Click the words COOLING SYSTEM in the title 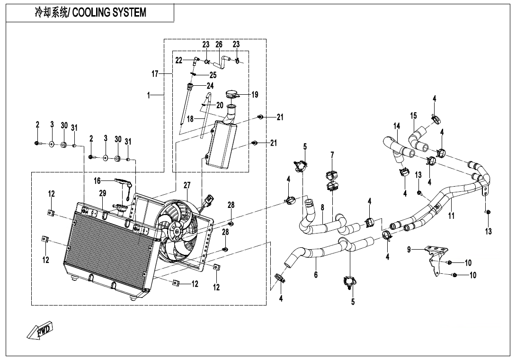click(109, 12)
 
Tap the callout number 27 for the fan click(187, 185)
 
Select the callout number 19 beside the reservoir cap click(255, 95)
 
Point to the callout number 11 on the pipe click(451, 216)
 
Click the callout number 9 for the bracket click(409, 250)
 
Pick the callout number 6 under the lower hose click(316, 274)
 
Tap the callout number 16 click(97, 180)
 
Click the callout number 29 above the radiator click(103, 193)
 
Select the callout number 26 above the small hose click(219, 44)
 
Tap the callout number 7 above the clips click(332, 154)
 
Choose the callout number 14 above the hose click(397, 126)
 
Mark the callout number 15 click(413, 116)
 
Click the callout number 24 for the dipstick click(210, 86)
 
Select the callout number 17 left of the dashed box click(155, 74)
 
